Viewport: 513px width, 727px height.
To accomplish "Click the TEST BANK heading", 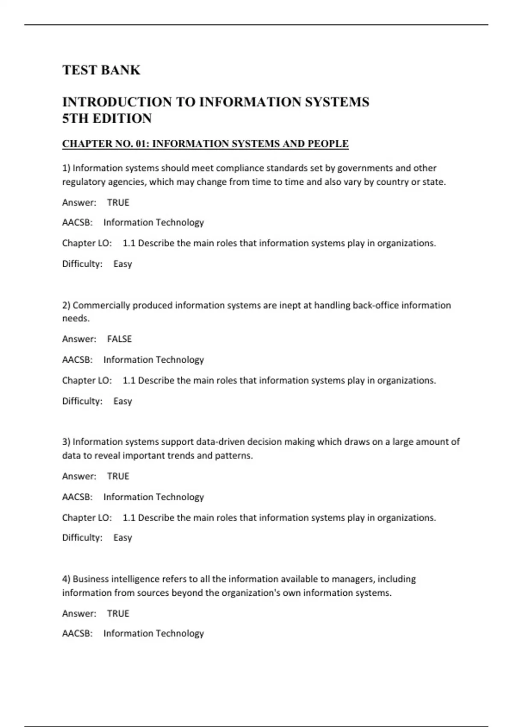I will (x=101, y=70).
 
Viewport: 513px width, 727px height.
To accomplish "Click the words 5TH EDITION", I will (x=107, y=118).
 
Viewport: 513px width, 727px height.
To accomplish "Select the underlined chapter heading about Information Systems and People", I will (x=205, y=144).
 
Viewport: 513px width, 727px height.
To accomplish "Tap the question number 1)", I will (x=66, y=168).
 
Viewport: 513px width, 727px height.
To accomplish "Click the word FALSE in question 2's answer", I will (x=119, y=339).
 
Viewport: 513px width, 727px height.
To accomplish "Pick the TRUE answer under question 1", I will (x=118, y=202).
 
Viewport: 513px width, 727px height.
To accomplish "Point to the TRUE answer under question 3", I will (x=118, y=476).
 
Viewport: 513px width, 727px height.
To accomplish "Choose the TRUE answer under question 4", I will (x=118, y=613).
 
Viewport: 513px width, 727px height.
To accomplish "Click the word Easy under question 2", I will (x=123, y=401).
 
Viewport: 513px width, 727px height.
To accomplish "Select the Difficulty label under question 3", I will (x=82, y=538).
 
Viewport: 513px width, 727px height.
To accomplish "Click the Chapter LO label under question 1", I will (x=87, y=243).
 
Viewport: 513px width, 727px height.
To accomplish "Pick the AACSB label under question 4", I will (x=77, y=633).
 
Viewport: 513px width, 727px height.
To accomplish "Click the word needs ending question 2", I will (x=76, y=319).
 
